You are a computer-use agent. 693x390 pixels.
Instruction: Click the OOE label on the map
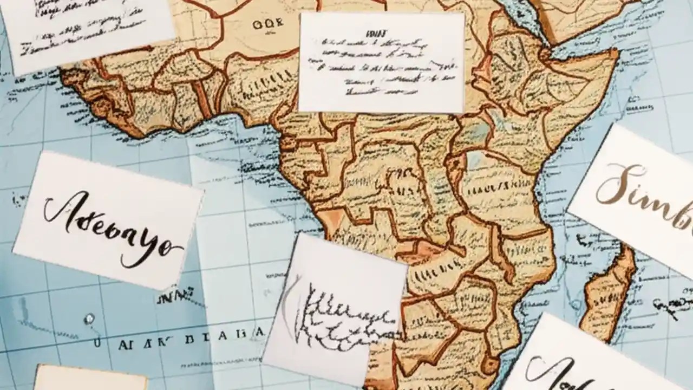[x=267, y=24]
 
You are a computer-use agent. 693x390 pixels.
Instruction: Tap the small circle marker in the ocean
[x=89, y=318]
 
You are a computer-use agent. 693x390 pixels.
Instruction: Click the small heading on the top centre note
[x=374, y=34]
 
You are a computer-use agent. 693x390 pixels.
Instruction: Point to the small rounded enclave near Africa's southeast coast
[x=490, y=364]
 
